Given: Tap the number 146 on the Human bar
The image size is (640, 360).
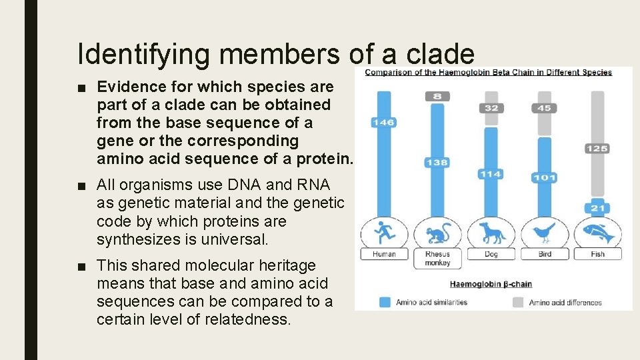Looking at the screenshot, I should (x=384, y=122).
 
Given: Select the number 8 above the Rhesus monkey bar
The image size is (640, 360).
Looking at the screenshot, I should (x=437, y=96).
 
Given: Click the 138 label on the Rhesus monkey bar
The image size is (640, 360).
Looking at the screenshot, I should (x=437, y=162).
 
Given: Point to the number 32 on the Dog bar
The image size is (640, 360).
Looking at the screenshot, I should (x=491, y=107).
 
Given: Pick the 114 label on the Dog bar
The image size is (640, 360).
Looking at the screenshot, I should (x=490, y=174).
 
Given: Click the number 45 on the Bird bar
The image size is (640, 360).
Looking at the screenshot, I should (x=544, y=107).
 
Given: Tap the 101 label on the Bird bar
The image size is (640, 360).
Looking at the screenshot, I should (x=544, y=177).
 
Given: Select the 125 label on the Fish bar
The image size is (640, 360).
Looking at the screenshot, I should (x=597, y=148).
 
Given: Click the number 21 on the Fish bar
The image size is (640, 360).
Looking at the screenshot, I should (x=597, y=209).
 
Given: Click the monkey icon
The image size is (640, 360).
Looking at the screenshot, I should (x=437, y=233).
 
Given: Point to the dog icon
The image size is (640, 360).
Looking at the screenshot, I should (x=491, y=233).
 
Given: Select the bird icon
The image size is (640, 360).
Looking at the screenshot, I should (x=544, y=233).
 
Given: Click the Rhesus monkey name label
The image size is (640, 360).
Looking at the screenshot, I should (x=437, y=259).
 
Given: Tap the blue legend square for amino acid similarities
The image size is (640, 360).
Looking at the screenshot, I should (x=385, y=302).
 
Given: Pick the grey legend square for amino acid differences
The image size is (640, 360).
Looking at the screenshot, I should (x=517, y=302).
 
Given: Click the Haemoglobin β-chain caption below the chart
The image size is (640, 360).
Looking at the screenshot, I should (x=491, y=284).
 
